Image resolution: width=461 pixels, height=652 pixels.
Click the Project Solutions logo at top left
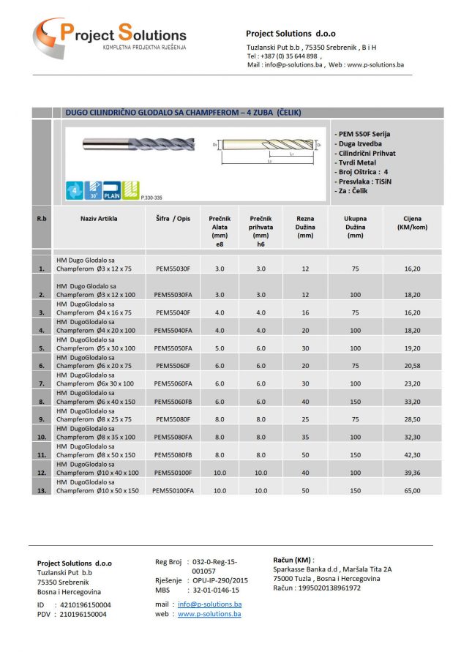[x=110, y=36]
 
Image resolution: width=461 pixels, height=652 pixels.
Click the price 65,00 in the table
[x=412, y=490]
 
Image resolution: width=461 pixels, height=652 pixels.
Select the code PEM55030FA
[x=173, y=294]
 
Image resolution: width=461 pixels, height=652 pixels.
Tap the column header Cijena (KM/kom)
[x=412, y=222]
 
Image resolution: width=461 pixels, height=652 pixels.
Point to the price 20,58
[x=412, y=365]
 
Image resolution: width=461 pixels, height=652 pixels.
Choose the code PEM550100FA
[x=173, y=490]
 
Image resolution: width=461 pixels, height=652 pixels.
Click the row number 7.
[x=41, y=383]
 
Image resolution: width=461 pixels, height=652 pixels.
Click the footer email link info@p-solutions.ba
[x=209, y=604]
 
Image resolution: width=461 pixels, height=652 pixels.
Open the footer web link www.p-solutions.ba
[x=209, y=614]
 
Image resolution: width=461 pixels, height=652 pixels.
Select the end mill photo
[x=138, y=144]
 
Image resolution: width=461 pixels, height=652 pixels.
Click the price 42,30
[x=412, y=454]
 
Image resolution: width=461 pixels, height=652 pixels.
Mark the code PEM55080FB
[x=173, y=454]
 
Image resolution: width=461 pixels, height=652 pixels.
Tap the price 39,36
[x=412, y=473]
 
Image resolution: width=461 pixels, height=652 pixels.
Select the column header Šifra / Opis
[x=173, y=218]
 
